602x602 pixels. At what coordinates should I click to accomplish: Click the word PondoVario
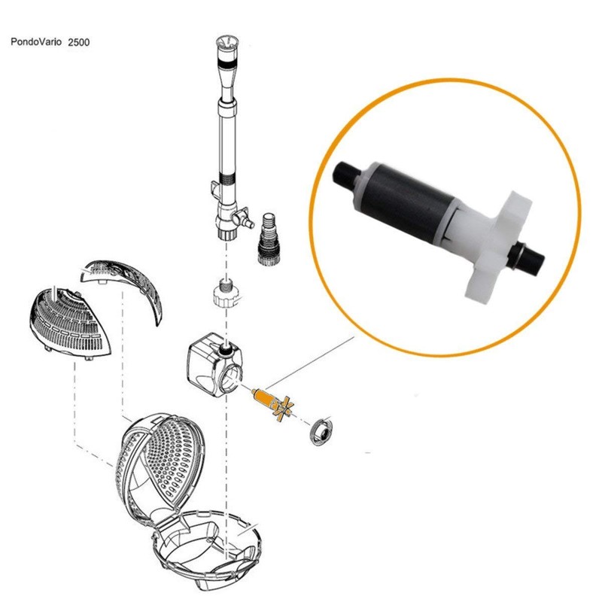[x=36, y=43]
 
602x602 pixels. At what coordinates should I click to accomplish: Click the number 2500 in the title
[x=78, y=43]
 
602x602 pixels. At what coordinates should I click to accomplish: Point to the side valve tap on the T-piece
[x=242, y=220]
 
